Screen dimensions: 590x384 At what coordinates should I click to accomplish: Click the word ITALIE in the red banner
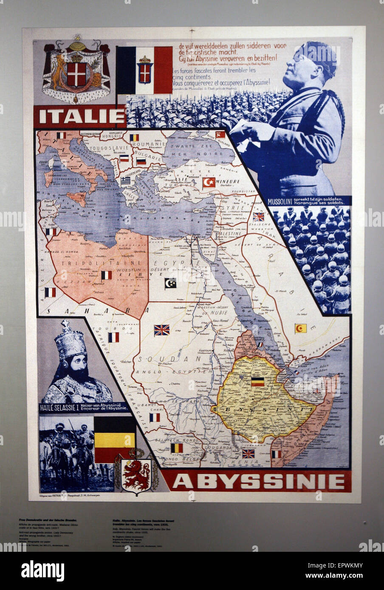coord(79,116)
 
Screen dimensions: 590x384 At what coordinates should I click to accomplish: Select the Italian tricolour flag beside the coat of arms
coord(144,70)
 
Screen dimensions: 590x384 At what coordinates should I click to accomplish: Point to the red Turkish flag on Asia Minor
coord(209,183)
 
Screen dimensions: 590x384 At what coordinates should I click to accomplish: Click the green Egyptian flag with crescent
coord(170,283)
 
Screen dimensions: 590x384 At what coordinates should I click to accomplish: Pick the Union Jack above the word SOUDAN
coord(161,330)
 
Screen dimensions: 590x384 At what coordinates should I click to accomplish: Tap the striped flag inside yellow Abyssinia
coord(257,382)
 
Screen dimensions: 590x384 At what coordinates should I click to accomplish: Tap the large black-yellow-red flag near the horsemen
coord(114,439)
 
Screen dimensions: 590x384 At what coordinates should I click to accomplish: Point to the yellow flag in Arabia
coord(301,328)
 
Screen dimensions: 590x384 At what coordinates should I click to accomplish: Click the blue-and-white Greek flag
coord(125,180)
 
